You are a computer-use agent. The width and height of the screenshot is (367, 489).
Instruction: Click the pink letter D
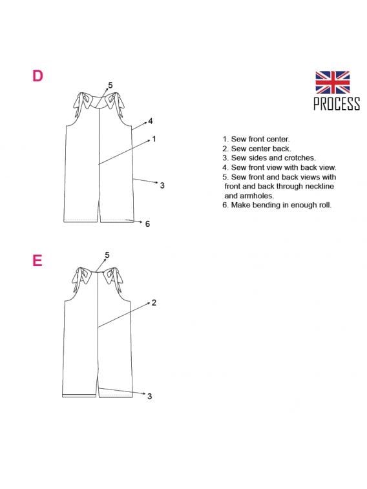click(x=37, y=76)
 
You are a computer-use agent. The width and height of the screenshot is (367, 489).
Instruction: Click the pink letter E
click(x=37, y=260)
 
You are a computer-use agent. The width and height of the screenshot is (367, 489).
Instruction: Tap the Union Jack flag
click(x=332, y=82)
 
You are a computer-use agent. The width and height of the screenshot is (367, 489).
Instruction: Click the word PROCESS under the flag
click(x=337, y=103)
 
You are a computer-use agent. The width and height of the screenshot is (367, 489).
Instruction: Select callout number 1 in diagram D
click(x=154, y=139)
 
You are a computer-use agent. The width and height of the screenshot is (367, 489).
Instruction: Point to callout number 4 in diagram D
click(x=151, y=121)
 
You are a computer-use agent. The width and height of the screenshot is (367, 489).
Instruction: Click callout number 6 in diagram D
click(x=147, y=224)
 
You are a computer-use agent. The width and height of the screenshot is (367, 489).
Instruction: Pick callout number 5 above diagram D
click(x=110, y=85)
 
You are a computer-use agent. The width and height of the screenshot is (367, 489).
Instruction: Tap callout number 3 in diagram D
click(x=162, y=185)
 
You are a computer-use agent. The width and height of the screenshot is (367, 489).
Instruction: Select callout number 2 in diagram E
click(x=154, y=302)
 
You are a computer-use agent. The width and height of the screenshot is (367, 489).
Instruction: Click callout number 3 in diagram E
click(x=150, y=396)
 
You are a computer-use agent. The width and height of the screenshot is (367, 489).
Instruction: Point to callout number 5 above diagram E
click(x=107, y=255)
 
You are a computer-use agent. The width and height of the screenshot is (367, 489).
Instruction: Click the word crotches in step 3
click(x=300, y=158)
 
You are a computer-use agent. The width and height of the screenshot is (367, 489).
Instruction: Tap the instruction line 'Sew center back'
click(x=257, y=149)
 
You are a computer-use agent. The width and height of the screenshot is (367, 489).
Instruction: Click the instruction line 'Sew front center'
click(x=256, y=139)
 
